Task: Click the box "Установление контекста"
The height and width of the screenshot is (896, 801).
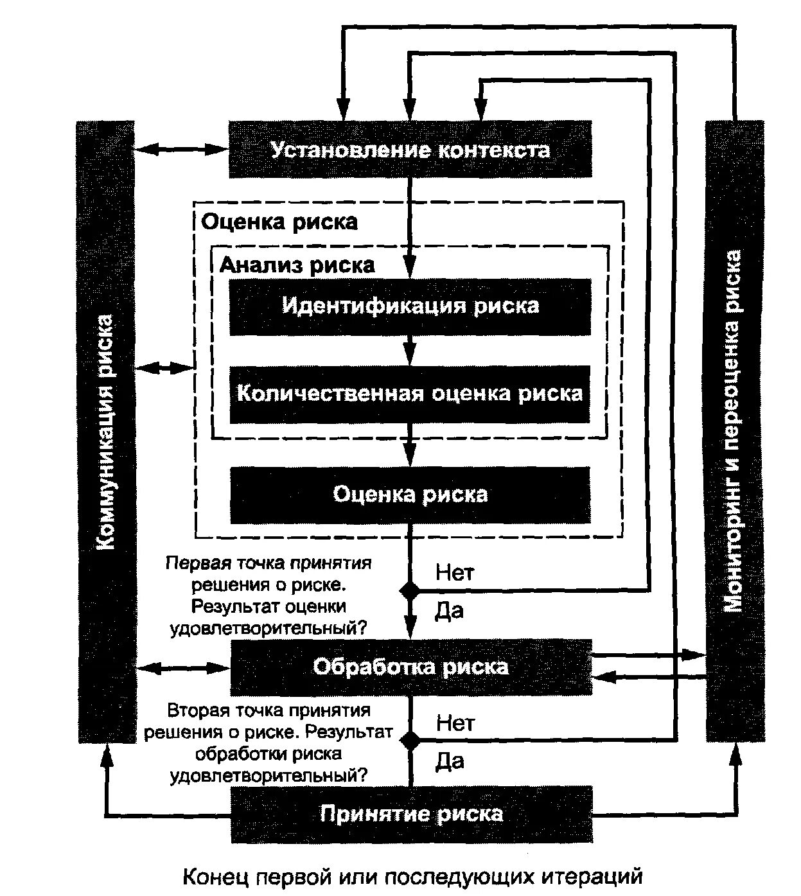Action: [x=410, y=150]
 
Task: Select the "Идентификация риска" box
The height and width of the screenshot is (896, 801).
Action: [x=410, y=306]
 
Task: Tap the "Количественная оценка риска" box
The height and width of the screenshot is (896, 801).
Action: [x=410, y=393]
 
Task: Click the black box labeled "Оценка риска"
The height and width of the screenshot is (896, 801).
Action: [x=410, y=495]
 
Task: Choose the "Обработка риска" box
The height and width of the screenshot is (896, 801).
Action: [x=410, y=667]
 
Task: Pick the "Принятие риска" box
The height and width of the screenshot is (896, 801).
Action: [x=411, y=814]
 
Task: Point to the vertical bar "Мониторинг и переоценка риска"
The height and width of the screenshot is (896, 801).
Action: [x=734, y=430]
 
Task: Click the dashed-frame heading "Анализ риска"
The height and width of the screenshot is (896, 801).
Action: [x=297, y=265]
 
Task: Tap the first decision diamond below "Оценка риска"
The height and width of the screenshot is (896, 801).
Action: [x=410, y=590]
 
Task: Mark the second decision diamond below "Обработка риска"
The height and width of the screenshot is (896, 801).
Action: [x=410, y=740]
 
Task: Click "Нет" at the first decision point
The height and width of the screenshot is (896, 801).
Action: [x=455, y=572]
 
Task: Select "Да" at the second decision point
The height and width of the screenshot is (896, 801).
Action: [x=450, y=762]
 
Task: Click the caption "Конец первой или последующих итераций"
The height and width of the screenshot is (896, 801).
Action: [x=413, y=876]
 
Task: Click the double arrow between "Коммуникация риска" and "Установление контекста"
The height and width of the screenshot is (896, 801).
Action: [x=182, y=150]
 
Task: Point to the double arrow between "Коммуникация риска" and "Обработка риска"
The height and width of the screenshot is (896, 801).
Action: [x=183, y=667]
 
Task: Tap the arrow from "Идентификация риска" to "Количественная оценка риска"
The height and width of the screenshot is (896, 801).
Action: [x=410, y=351]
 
